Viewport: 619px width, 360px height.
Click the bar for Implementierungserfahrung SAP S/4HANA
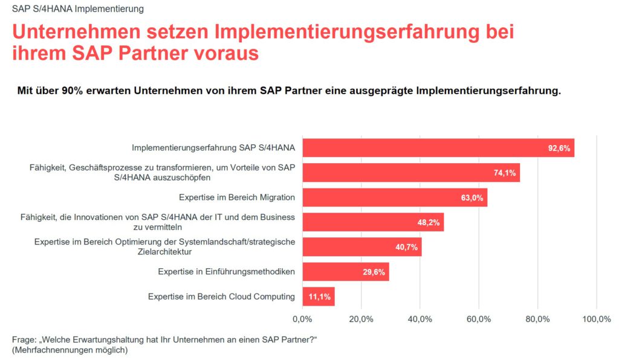coord(438,148)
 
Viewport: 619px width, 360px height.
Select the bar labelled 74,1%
coord(410,173)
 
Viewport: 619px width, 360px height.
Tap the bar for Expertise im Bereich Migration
coord(394,198)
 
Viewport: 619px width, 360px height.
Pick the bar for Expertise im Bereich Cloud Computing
coord(318,297)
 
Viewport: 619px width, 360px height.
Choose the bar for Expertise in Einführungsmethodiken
coord(345,272)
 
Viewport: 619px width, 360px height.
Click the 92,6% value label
coord(559,148)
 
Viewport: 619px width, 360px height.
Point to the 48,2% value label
coord(429,222)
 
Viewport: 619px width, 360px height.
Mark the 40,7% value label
coord(407,247)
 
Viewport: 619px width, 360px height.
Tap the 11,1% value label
coord(320,297)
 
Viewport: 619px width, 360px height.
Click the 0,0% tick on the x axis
coord(302,319)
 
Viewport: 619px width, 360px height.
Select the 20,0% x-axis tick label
coord(361,319)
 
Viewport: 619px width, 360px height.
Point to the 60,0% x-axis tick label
coord(479,319)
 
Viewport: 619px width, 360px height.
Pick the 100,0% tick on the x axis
coord(596,319)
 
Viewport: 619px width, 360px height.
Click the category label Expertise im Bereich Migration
coord(237,198)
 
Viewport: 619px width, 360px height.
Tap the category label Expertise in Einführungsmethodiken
coord(227,272)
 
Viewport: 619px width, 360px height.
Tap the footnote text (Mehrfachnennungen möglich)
coord(70,350)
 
